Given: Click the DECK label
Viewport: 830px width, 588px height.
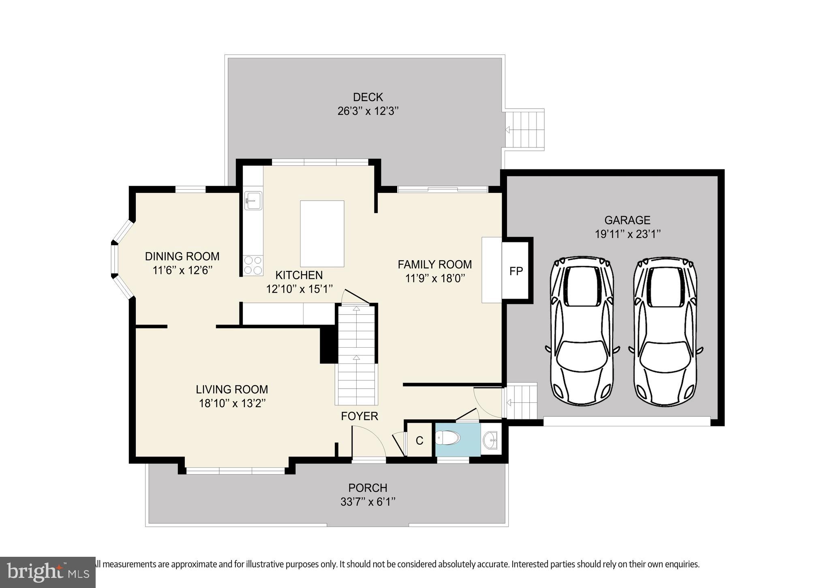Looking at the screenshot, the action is tap(368, 97).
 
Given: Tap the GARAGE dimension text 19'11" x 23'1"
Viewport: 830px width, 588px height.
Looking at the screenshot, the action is tap(628, 234).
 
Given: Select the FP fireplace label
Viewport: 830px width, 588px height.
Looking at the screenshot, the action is tap(516, 272).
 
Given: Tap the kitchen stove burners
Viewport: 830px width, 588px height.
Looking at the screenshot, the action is tap(253, 265).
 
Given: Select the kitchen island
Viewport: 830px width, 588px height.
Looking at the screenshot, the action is tap(322, 234).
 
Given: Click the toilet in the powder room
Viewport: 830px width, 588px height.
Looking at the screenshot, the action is tap(448, 438).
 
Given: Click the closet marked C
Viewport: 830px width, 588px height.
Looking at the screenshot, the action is tap(419, 440).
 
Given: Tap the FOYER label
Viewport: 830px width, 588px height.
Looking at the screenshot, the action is tap(359, 416).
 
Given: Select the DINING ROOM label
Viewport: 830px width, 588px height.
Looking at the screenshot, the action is tap(182, 257).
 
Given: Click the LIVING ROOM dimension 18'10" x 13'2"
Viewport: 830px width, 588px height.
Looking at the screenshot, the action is tap(232, 404).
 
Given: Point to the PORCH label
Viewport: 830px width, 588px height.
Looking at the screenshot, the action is tap(368, 488).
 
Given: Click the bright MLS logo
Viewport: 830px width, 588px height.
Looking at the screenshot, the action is tap(48, 572).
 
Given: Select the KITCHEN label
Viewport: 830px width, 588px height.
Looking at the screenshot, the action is tap(299, 276).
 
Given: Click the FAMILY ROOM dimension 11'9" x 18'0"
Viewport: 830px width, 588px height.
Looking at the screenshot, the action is tap(435, 278).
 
